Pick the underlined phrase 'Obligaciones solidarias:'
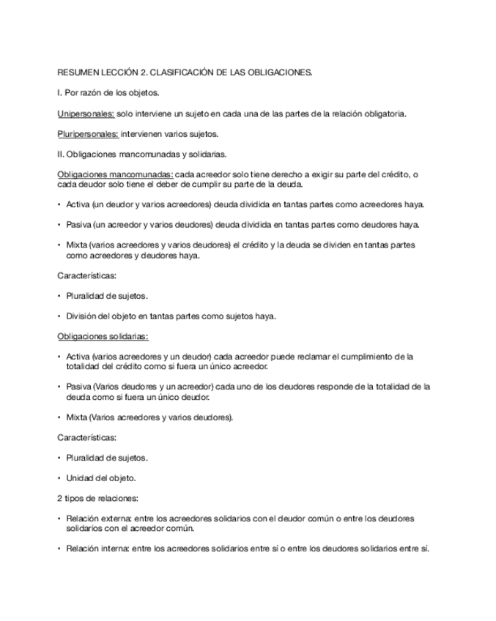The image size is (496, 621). pos(103,336)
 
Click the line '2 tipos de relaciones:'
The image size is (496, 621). pos(97,498)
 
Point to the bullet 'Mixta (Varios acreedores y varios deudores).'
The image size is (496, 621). pos(149,417)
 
